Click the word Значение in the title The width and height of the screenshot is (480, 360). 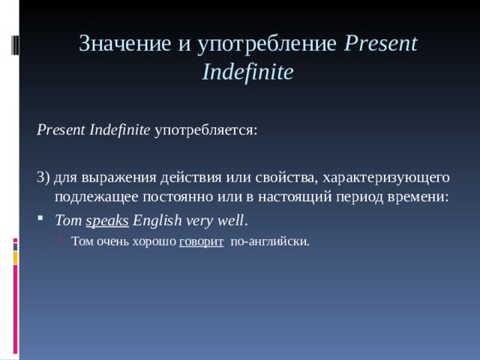[126, 44]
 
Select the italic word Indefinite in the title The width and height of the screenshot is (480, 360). [247, 73]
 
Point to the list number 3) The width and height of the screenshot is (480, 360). [43, 177]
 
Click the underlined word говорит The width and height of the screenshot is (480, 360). [200, 241]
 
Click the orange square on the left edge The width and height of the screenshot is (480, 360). [14, 256]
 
